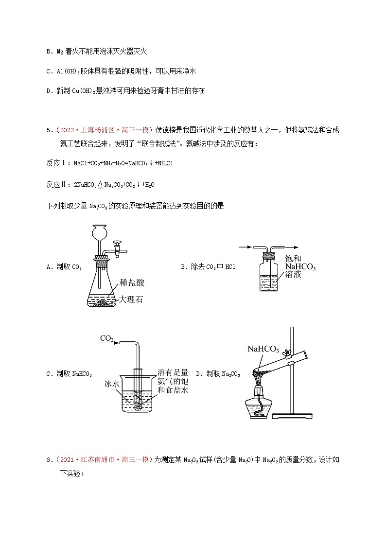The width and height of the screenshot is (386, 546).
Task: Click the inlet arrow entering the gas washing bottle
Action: tap(245, 247)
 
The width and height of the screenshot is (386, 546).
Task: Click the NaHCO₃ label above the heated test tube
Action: tap(263, 349)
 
